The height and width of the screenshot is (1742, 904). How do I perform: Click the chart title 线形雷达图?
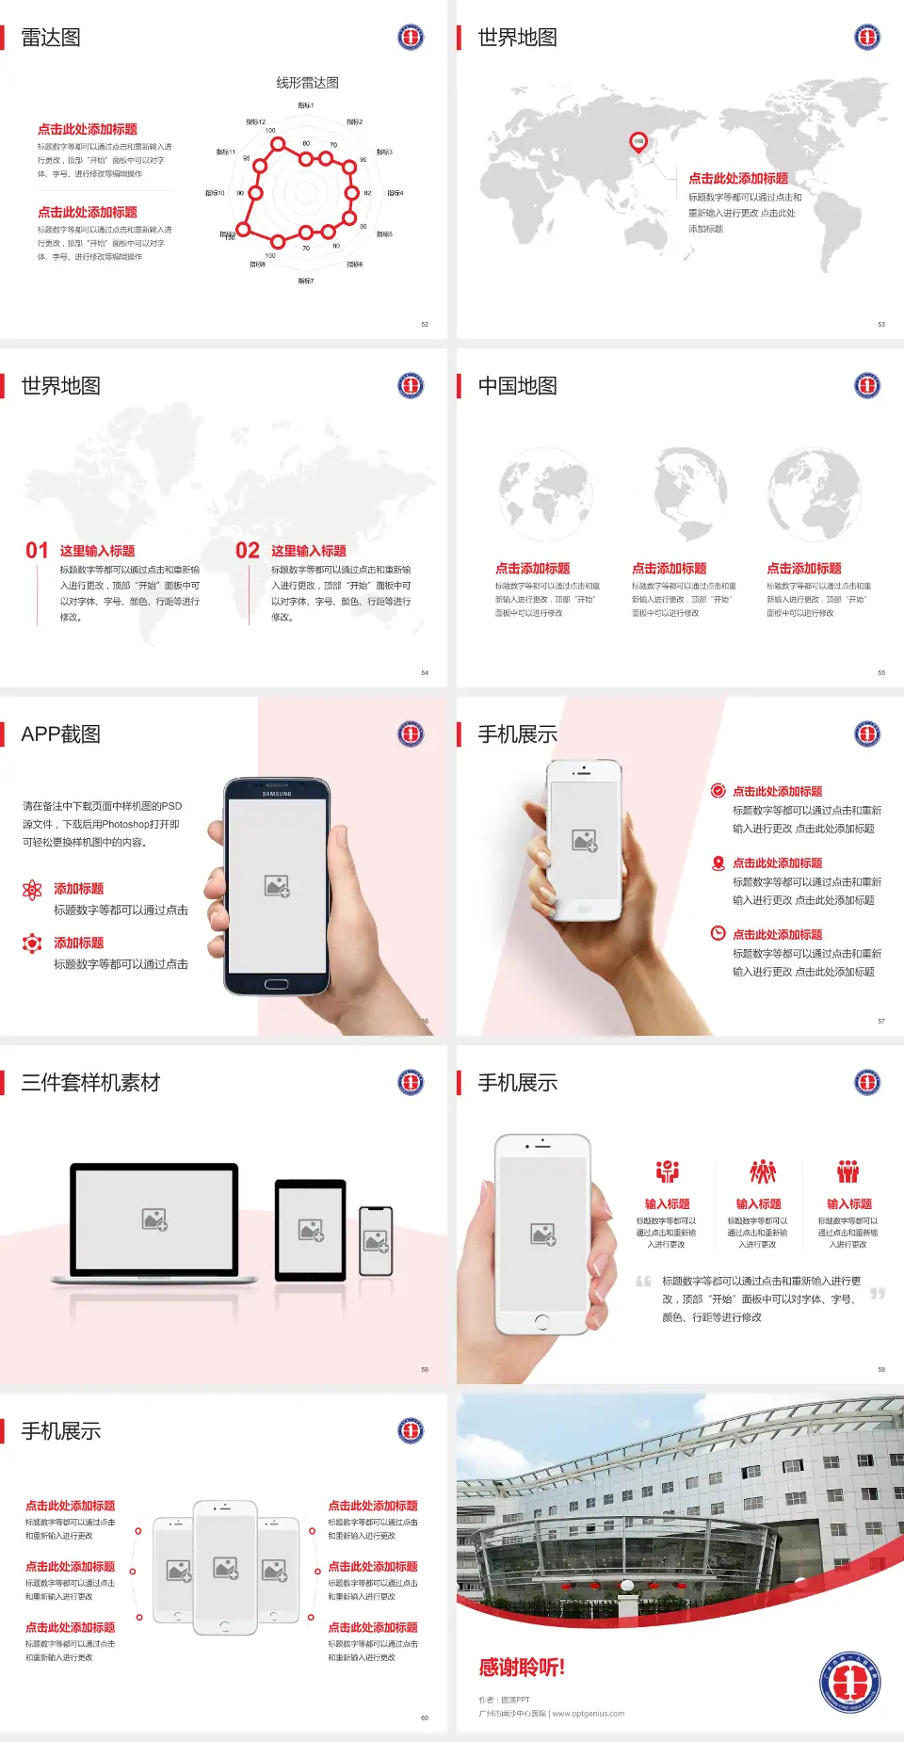(307, 83)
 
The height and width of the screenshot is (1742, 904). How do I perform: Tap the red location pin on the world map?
(638, 142)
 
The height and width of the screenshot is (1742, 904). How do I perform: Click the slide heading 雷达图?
(51, 38)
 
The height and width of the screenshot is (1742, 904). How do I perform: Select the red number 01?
(37, 551)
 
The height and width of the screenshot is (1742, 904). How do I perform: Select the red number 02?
(248, 551)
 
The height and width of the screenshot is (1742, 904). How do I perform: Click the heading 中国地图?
(517, 386)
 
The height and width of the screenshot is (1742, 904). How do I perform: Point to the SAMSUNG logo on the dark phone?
(277, 794)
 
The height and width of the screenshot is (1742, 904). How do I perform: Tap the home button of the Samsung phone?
(276, 984)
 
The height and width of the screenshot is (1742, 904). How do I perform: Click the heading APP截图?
(61, 734)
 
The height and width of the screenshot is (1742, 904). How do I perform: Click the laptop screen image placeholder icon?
(154, 1219)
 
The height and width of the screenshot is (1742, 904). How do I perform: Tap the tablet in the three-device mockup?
(311, 1229)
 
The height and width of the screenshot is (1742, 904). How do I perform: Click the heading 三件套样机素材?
(90, 1083)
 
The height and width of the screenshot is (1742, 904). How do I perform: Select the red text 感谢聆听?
(522, 1668)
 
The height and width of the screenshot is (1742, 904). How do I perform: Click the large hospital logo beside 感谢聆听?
(849, 1682)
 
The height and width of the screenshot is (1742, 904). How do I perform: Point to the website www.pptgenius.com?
(589, 1714)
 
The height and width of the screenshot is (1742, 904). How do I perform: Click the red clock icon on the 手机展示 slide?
(718, 933)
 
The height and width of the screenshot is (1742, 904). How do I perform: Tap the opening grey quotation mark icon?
(643, 1282)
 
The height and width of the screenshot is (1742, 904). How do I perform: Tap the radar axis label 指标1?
(306, 105)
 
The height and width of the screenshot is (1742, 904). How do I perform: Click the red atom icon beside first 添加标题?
(32, 890)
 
